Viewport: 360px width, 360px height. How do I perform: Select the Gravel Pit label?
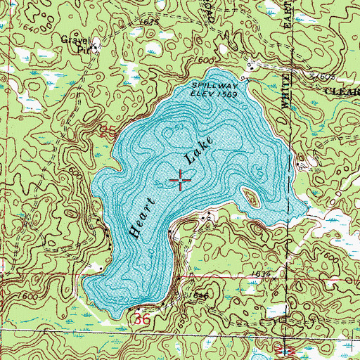(x=76, y=44)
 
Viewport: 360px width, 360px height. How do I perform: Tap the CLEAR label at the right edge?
(x=340, y=91)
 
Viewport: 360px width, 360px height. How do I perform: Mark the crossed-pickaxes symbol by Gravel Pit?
(x=98, y=46)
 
